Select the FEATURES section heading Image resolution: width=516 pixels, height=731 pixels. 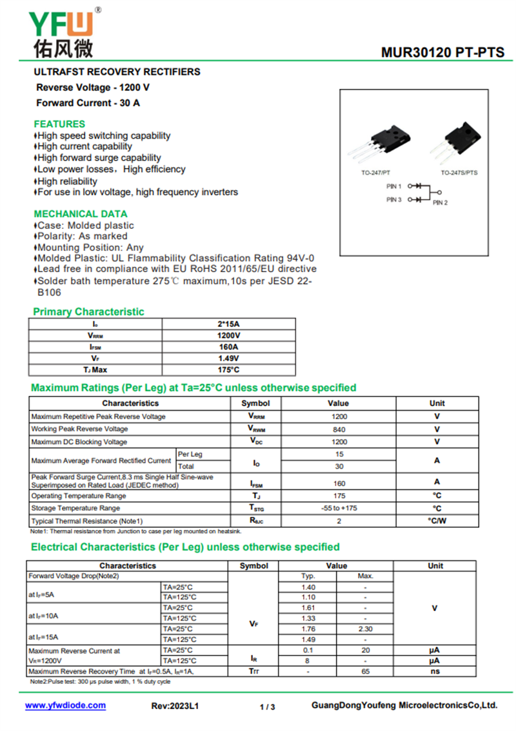pos(59,124)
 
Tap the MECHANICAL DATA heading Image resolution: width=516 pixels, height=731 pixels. pos(81,213)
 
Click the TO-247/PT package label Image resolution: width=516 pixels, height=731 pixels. pos(375,173)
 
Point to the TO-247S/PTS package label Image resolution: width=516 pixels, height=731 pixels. pos(459,173)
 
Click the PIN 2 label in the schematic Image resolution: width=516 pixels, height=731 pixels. pos(440,203)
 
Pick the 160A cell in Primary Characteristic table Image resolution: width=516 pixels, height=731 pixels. pos(228,347)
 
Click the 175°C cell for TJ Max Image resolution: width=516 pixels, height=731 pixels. pos(228,370)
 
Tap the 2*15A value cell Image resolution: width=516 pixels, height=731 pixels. pos(228,324)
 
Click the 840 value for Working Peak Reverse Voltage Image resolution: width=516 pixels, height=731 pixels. pos(339,429)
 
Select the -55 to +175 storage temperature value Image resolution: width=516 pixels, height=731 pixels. pos(339,509)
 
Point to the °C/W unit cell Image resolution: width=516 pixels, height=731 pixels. pos(437,521)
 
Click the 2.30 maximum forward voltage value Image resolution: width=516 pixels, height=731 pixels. pos(365,629)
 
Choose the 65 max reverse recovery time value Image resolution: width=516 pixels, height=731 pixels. pos(365,671)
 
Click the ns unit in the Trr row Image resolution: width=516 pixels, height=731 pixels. pos(435,671)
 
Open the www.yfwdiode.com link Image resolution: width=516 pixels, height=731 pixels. pos(65,705)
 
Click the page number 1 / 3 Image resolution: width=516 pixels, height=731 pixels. pos(267,707)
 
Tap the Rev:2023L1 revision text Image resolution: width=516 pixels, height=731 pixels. pos(175,706)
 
